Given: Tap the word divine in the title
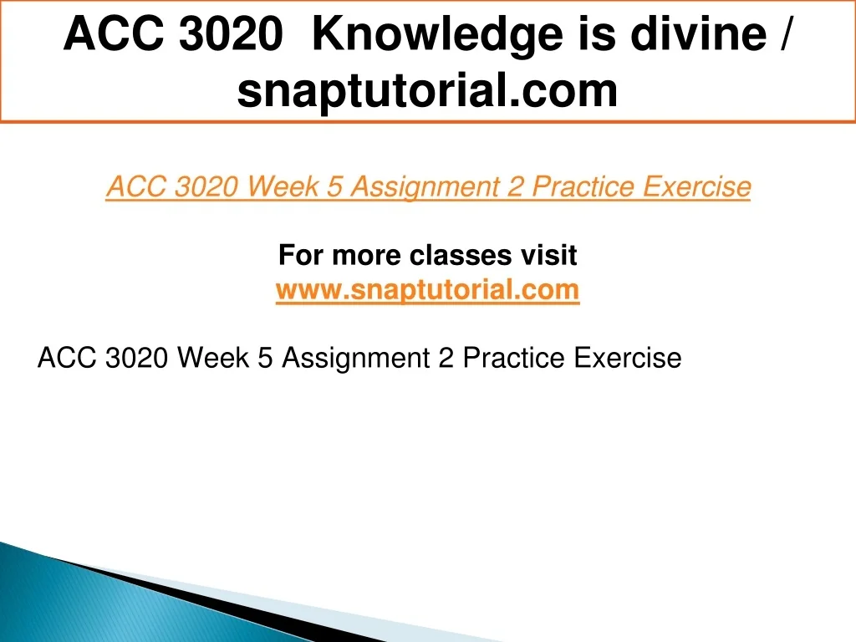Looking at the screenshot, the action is (698, 33).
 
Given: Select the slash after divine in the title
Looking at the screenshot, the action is (784, 33).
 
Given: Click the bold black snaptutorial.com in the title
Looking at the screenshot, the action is (427, 90).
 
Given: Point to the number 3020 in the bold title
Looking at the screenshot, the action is (231, 33).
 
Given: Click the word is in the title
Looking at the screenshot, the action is (597, 33).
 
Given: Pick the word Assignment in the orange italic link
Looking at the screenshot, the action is (424, 186).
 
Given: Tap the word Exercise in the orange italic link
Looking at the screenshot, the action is (696, 186).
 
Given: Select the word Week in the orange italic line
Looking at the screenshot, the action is (283, 186).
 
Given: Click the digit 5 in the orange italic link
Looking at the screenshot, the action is (334, 186).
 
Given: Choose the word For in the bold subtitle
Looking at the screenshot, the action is (301, 255).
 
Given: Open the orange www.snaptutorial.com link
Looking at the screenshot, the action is (427, 289).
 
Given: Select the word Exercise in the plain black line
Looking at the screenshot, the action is (628, 358).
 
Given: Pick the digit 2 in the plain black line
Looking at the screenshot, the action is (446, 358).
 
